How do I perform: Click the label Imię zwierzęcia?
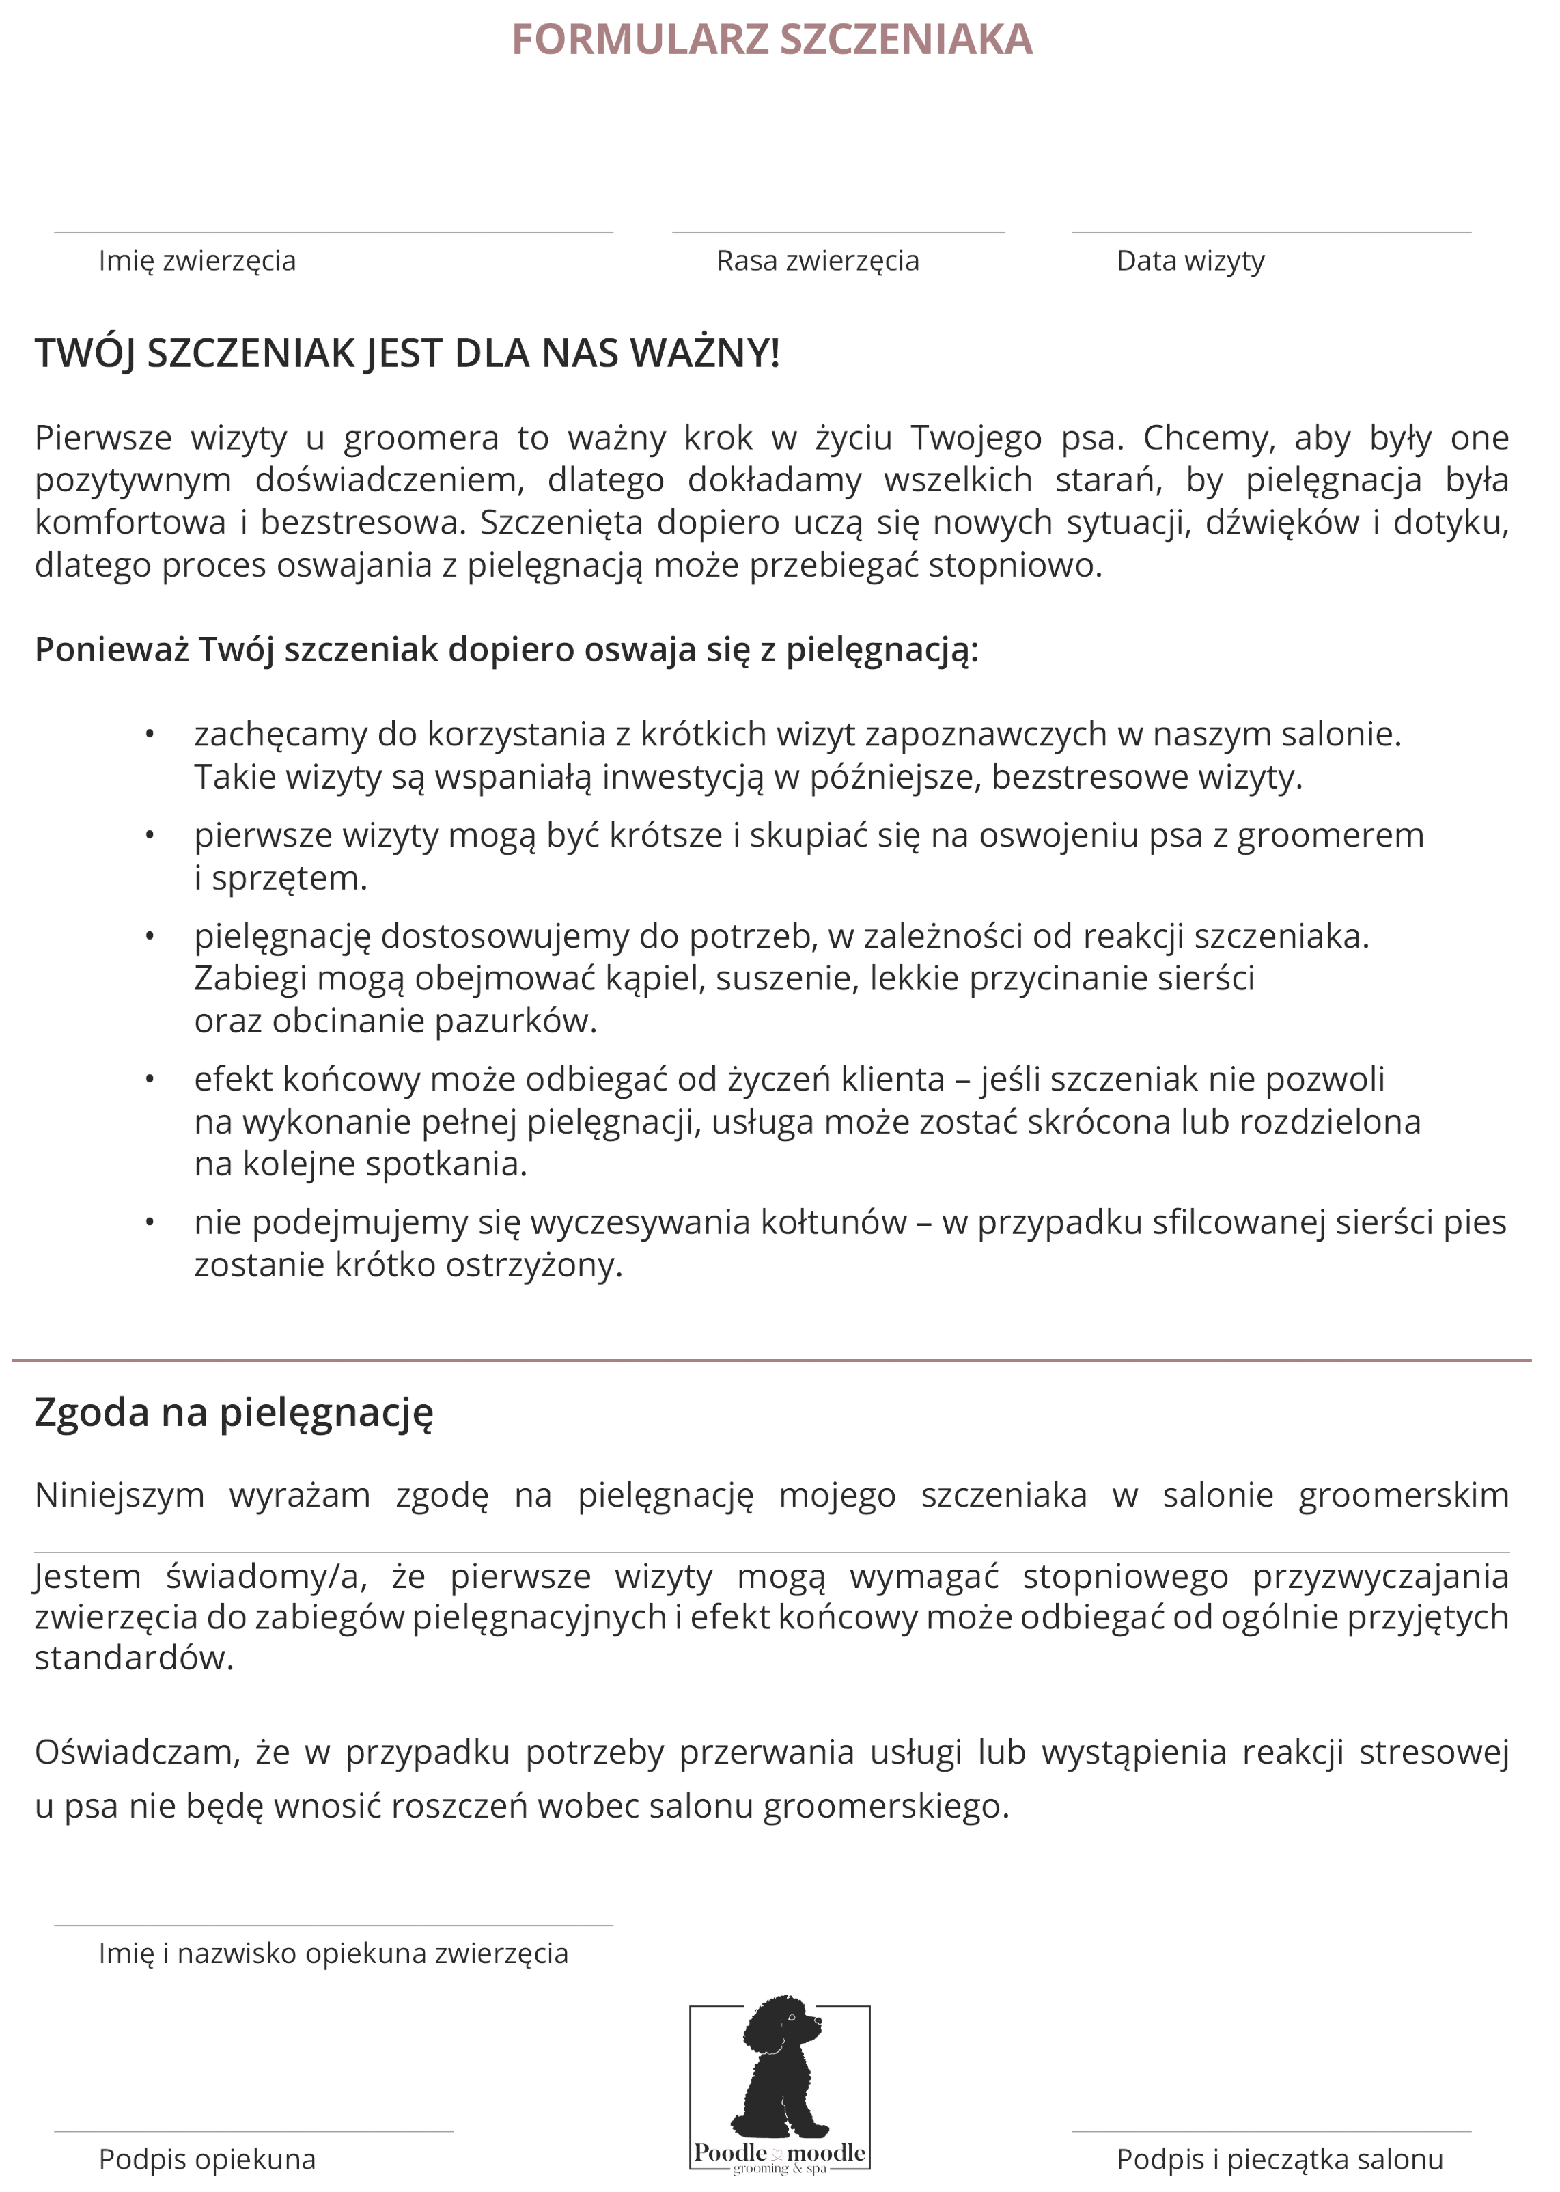197,260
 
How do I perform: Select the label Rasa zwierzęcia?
818,260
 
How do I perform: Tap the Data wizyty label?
1190,260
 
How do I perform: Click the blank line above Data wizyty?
1271,232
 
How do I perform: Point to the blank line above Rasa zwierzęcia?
837,232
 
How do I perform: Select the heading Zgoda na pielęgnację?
234,1412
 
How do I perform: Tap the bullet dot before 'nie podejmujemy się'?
150,1223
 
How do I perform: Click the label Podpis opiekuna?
206,2159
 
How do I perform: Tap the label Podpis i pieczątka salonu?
1279,2159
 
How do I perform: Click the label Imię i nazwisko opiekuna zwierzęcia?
333,1954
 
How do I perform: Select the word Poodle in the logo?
730,2152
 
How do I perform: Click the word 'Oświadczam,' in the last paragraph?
135,1753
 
